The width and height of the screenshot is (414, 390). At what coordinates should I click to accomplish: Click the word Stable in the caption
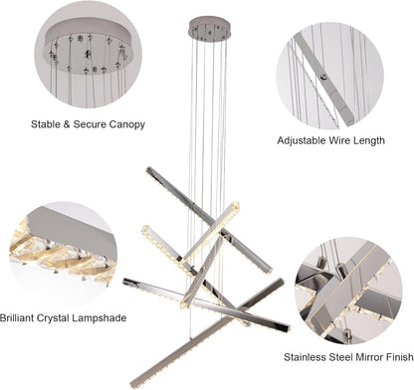click(46, 124)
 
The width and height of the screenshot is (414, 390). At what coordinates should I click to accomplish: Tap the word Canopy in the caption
click(127, 125)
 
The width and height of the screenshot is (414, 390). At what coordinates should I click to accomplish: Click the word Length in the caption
click(369, 140)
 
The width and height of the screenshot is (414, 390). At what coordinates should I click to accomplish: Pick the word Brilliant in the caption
click(17, 318)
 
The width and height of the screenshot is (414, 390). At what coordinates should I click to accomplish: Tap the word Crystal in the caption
click(53, 318)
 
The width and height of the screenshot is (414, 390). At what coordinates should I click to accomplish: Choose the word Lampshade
click(100, 318)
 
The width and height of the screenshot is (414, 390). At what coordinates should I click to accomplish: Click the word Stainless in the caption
click(305, 357)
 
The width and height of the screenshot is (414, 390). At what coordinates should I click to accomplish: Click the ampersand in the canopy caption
click(67, 124)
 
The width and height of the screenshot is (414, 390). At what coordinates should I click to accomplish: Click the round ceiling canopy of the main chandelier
click(209, 29)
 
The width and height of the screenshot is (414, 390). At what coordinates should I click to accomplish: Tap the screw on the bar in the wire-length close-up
click(323, 77)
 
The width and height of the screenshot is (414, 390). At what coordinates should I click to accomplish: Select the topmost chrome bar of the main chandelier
click(209, 220)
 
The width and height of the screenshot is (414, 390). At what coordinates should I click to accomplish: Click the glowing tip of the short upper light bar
click(236, 206)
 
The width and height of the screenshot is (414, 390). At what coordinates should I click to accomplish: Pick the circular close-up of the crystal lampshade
click(63, 254)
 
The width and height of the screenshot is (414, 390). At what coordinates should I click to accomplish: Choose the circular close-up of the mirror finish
click(348, 291)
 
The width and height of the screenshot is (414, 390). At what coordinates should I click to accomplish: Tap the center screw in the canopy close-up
click(89, 55)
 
